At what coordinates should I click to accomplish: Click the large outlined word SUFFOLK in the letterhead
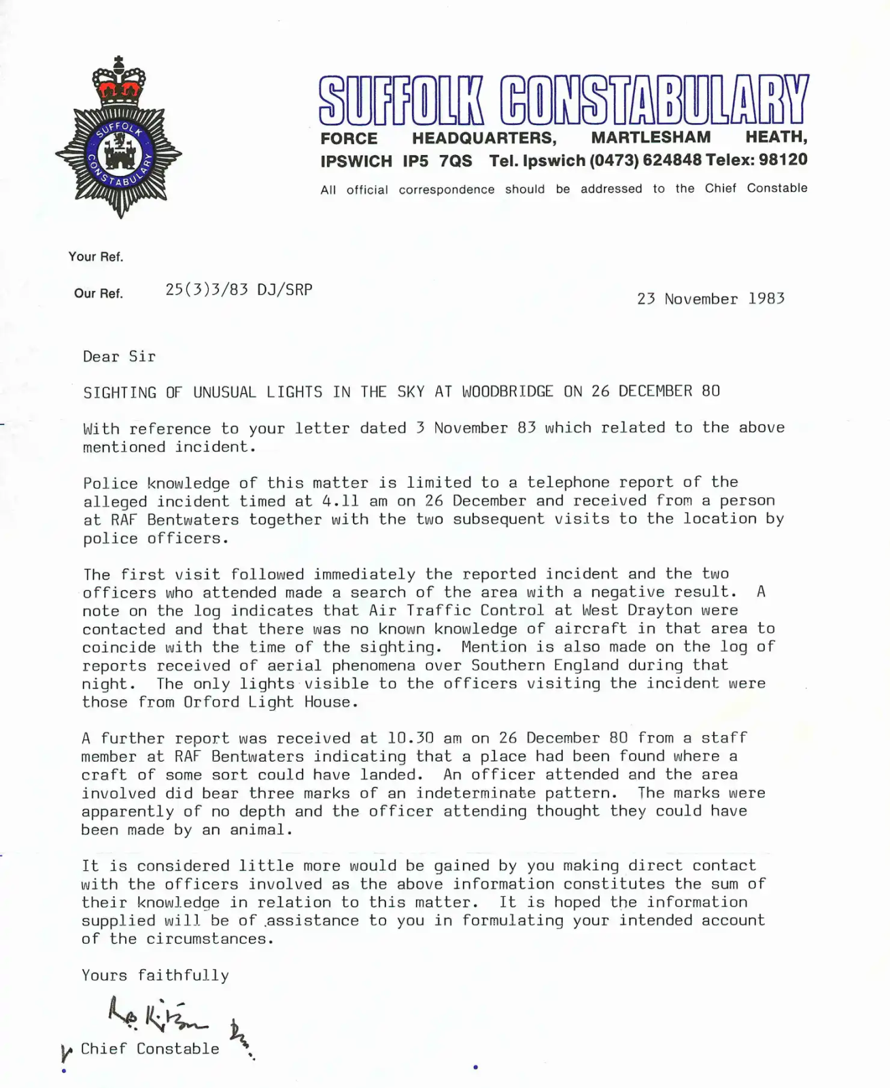(401, 100)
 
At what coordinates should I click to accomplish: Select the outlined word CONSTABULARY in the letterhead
(653, 100)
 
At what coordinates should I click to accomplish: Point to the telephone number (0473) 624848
(645, 160)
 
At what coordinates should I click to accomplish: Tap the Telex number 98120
(783, 160)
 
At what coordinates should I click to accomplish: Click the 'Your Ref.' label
(96, 256)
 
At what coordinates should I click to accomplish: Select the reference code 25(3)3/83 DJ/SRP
(239, 290)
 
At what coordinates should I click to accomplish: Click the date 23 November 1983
(711, 299)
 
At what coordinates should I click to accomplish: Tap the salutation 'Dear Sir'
(119, 356)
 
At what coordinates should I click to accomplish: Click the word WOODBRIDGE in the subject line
(507, 392)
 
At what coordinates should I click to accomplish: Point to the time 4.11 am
(354, 501)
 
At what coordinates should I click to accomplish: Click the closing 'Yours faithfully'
(155, 975)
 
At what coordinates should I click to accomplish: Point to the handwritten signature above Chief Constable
(158, 1015)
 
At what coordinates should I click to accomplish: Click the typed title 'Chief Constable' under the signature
(150, 1049)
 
